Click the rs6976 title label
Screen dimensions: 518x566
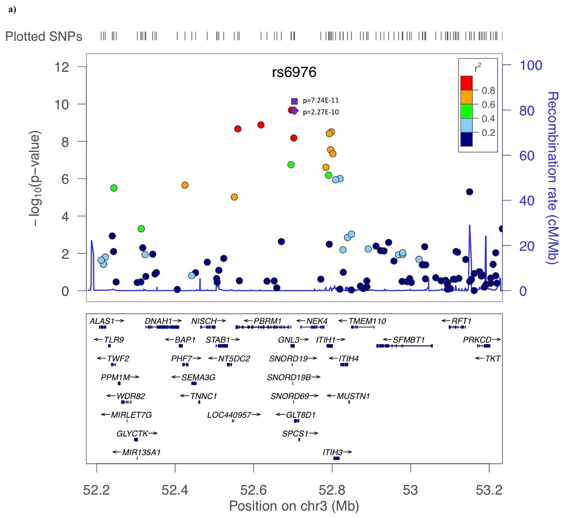[x=293, y=73]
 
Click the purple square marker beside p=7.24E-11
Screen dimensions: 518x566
[x=294, y=101]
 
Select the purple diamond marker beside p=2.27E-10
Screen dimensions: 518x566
[x=294, y=111]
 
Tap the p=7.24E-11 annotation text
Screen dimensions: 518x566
[x=321, y=101]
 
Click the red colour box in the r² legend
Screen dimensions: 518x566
[x=467, y=83]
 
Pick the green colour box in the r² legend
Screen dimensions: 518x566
[x=467, y=110]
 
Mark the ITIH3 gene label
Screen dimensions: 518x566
[x=333, y=452]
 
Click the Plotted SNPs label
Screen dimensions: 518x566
[x=44, y=37]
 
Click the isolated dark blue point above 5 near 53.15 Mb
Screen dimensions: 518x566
[x=469, y=192]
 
